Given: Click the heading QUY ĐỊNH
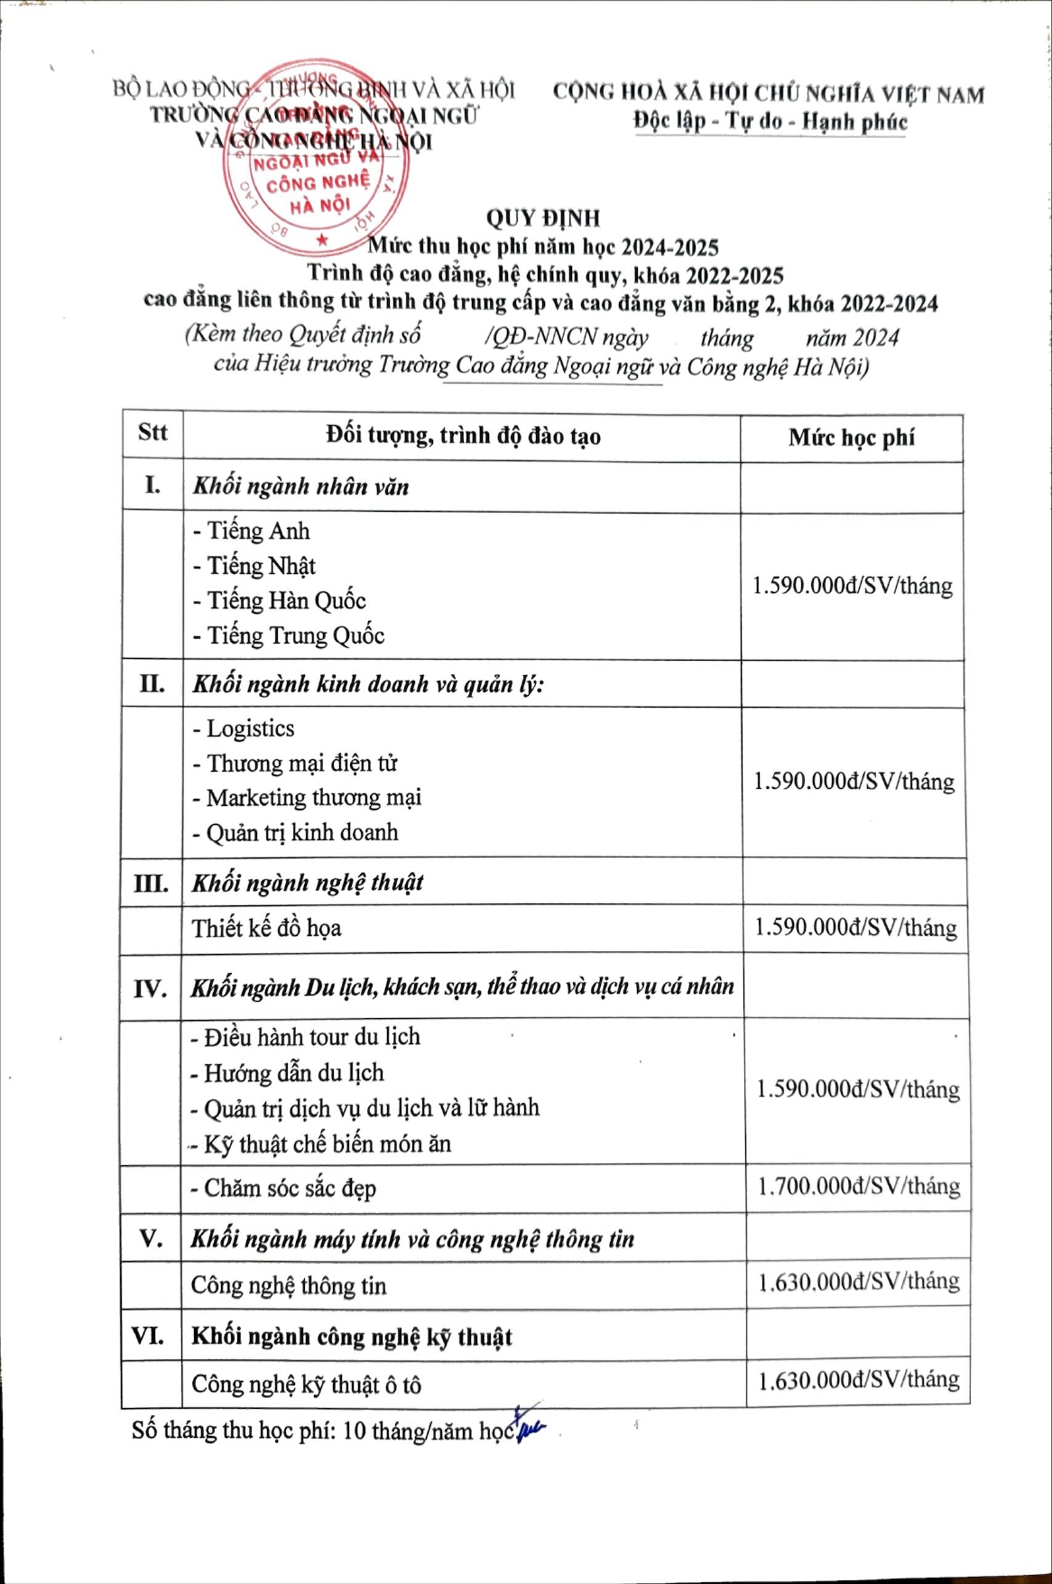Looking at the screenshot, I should tap(542, 218).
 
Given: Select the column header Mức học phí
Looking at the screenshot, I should tap(851, 438).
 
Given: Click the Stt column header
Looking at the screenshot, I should tap(152, 432).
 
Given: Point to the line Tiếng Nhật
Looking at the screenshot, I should tap(254, 566).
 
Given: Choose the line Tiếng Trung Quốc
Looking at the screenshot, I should tap(289, 635).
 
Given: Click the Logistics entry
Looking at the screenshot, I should tap(244, 728).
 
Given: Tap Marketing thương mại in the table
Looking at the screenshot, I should tap(307, 798).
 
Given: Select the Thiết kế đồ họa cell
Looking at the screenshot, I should tap(266, 928).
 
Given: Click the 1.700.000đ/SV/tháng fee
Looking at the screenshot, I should tap(858, 1186).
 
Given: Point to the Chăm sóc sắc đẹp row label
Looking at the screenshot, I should tap(283, 1189).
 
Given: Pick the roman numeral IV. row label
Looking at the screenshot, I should tap(151, 989).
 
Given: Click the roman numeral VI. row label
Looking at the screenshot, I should tap(149, 1335).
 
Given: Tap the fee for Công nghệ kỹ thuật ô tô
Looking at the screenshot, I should tap(858, 1380).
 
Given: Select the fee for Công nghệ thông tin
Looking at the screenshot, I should tap(858, 1282).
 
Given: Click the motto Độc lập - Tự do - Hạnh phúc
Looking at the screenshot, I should tap(770, 122).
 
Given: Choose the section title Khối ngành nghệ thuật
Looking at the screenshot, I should tap(308, 883).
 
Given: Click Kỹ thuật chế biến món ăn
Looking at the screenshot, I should tap(320, 1144).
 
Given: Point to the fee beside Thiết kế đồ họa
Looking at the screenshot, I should tap(855, 928).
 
